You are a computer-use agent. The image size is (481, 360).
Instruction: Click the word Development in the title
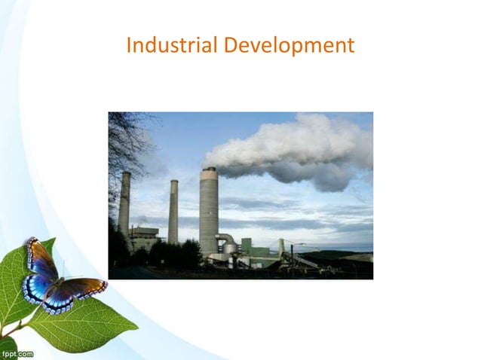coord(289,47)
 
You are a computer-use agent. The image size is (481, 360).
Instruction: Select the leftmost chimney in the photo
coord(124,203)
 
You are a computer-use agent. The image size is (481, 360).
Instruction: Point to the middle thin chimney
coord(173,211)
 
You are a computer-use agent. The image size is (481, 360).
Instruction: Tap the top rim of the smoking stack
coord(209,170)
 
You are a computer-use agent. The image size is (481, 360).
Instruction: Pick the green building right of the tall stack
coord(247,246)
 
